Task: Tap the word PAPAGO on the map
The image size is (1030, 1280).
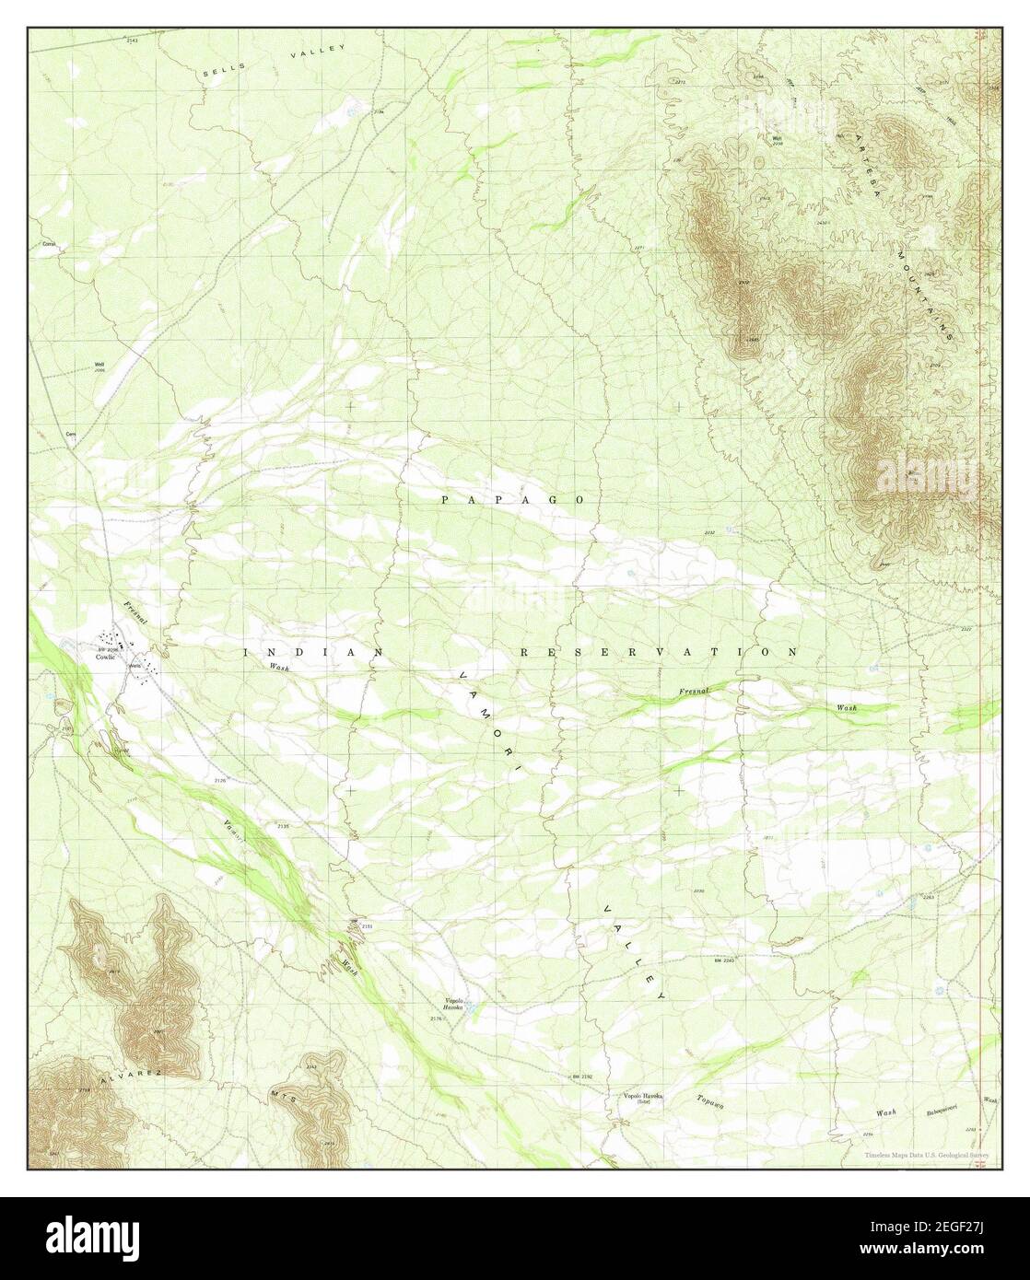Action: pos(512,499)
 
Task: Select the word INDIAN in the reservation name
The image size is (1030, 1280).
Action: pos(312,652)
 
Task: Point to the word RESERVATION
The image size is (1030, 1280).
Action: pos(659,652)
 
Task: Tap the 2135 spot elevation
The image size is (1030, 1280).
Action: pos(282,827)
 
